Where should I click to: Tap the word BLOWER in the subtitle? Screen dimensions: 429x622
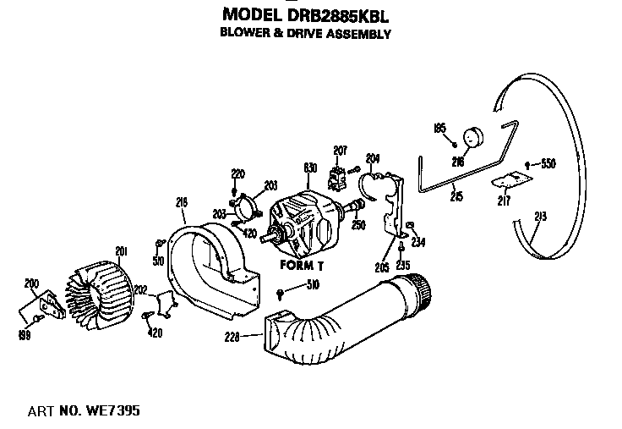244,35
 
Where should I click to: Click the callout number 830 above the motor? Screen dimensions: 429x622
310,168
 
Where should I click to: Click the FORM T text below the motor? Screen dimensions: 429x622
302,265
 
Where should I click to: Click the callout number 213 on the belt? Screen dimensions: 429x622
541,217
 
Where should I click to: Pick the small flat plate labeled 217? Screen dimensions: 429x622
510,179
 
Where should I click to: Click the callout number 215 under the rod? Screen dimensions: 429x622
456,197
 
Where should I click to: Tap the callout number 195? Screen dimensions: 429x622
439,128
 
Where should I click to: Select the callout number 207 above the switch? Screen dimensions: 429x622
340,151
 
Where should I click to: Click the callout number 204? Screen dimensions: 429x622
373,157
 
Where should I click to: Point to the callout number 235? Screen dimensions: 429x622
402,265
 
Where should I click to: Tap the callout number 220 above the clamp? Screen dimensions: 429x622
238,173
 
